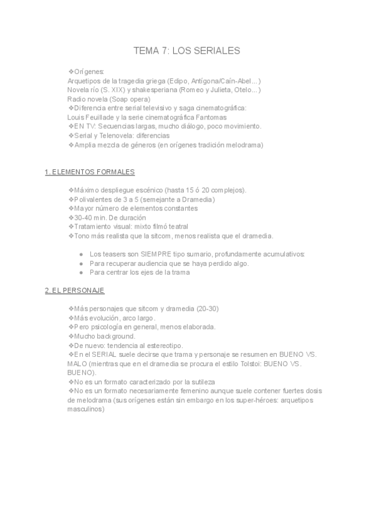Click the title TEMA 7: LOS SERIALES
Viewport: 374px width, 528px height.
[x=186, y=50]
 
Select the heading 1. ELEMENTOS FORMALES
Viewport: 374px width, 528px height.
[x=90, y=172]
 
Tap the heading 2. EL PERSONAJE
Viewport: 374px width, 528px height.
[x=75, y=291]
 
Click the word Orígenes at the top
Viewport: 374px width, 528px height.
[x=89, y=72]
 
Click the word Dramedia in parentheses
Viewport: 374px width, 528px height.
[x=196, y=199]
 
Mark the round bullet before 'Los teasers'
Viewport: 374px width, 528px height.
[x=82, y=254]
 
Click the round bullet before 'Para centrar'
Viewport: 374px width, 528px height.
[x=82, y=272]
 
